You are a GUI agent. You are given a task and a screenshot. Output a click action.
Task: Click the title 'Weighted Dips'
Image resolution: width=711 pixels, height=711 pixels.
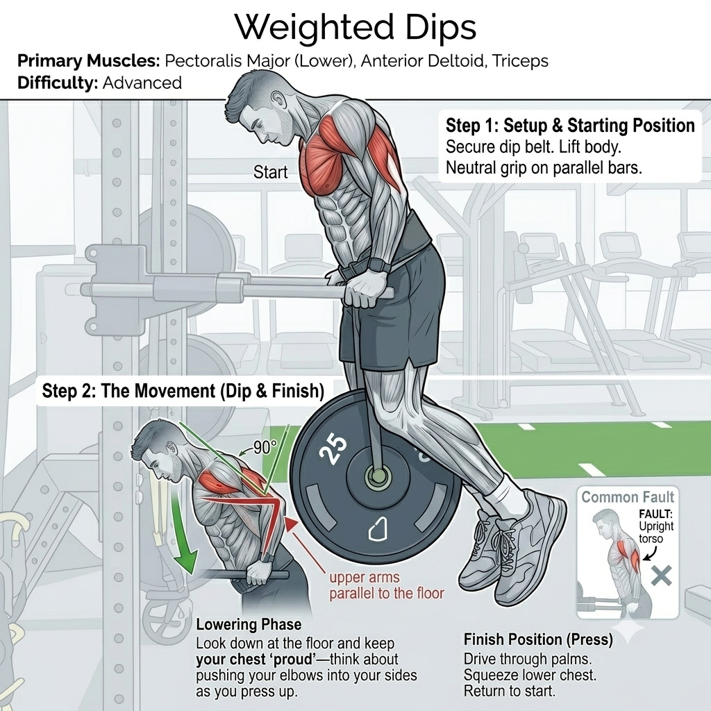tap(355, 28)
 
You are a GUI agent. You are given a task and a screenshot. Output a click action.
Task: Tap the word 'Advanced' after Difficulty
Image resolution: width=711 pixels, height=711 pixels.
tap(142, 83)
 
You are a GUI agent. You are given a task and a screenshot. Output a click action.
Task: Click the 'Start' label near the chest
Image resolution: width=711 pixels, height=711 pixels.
tap(270, 172)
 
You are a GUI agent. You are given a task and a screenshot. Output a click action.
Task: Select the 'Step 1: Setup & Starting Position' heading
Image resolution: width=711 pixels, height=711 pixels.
tap(570, 126)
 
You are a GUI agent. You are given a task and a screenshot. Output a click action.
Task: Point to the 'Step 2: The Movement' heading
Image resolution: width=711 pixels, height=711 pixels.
tap(183, 390)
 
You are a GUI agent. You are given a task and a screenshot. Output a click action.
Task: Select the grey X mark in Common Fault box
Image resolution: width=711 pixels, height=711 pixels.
tap(662, 576)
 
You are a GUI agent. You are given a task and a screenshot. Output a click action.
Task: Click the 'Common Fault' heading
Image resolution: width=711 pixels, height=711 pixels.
tap(628, 497)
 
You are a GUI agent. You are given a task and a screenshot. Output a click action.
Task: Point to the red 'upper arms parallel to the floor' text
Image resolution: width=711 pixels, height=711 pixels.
tap(386, 585)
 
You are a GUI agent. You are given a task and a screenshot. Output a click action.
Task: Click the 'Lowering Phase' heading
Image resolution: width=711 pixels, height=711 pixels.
tap(249, 624)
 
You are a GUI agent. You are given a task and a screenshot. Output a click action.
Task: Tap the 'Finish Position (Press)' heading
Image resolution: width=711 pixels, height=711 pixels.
tap(538, 639)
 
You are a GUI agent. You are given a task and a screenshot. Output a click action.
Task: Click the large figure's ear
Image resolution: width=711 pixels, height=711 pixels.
tap(277, 99)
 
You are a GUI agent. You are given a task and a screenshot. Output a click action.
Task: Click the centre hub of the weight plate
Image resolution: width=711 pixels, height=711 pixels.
tap(377, 476)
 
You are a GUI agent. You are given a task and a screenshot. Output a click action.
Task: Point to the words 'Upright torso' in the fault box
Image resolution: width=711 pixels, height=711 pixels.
tap(656, 533)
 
